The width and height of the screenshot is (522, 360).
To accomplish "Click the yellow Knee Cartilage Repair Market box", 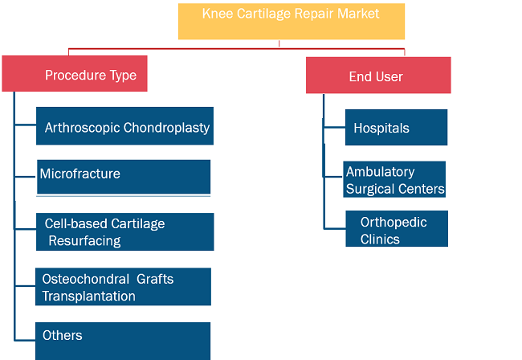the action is pos(292,22).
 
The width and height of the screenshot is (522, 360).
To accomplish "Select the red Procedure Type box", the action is pos(75,74).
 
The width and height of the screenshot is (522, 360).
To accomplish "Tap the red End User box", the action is pos(378,76).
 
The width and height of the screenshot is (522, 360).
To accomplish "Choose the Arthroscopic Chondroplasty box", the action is pos(124,126).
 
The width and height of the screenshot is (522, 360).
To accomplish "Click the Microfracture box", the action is pos(124,177).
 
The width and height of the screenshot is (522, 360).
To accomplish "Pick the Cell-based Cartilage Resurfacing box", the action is pos(124,231).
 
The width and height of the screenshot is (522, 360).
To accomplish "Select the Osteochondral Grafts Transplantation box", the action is pos(123,287).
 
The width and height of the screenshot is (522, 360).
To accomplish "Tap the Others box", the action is pos(123,341).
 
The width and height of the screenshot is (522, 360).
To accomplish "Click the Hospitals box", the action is pos(396,127).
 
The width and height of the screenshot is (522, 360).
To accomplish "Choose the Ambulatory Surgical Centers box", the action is pos(394,179).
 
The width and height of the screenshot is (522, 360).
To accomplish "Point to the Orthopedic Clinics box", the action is pos(397,228).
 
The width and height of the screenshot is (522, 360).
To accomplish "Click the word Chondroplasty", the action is pos(166,128).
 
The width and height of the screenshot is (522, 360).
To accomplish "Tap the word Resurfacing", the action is pos(84,241).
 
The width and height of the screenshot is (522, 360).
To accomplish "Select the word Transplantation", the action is pos(89,296).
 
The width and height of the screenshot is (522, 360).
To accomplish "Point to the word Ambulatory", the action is pos(380,172).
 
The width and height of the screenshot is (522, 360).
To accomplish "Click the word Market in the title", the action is pos(358,14).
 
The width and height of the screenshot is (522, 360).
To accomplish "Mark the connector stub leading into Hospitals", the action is pos(334,127).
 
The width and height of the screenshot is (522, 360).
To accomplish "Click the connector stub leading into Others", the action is pos(25,340).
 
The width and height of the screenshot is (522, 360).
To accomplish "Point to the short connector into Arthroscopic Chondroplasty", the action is pos(26,125).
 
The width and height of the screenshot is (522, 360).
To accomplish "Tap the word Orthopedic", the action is pos(394,223).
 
